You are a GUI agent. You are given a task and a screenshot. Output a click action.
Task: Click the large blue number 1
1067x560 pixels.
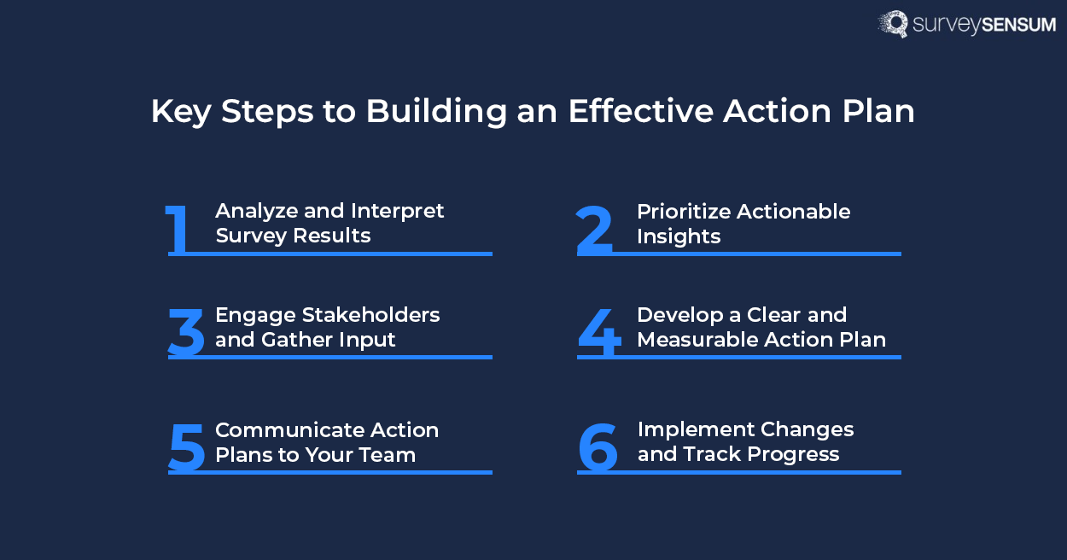click(x=178, y=229)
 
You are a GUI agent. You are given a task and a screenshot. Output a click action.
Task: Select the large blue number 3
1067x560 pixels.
click(x=186, y=331)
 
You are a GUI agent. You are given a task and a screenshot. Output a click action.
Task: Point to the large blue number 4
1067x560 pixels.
click(x=598, y=331)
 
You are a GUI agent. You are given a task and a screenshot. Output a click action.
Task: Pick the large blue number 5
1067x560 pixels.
click(x=186, y=446)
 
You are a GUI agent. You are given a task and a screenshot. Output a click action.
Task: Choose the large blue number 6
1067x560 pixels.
click(x=598, y=446)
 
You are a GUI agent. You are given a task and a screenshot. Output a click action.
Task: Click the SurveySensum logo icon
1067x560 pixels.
click(x=894, y=24)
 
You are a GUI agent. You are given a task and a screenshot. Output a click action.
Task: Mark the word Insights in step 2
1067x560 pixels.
click(x=679, y=236)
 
